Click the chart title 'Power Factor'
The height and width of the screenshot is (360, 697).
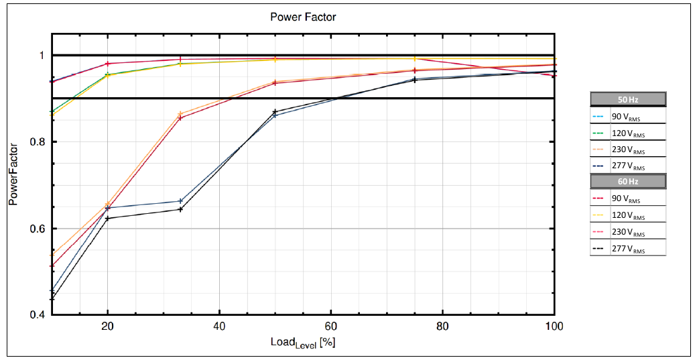[303, 17]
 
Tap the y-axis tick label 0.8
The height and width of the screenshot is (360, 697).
[36, 142]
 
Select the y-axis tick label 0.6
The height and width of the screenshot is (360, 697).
[36, 229]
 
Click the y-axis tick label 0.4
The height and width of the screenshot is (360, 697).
[36, 315]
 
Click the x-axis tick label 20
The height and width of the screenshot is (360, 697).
[107, 326]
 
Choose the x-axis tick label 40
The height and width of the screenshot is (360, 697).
[219, 326]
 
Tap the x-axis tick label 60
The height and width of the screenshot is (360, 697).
[330, 326]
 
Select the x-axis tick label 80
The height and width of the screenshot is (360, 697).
[442, 326]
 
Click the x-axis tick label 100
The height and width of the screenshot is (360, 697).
[554, 326]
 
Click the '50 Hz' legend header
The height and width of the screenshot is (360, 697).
[627, 99]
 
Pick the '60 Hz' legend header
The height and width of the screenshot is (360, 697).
[627, 181]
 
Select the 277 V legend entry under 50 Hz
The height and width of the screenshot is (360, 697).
[627, 166]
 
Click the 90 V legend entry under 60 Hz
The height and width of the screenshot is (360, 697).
[627, 198]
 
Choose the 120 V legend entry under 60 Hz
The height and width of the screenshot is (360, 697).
[627, 215]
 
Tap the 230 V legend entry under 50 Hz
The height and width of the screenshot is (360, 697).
[627, 149]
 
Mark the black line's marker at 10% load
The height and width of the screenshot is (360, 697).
[52, 298]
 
